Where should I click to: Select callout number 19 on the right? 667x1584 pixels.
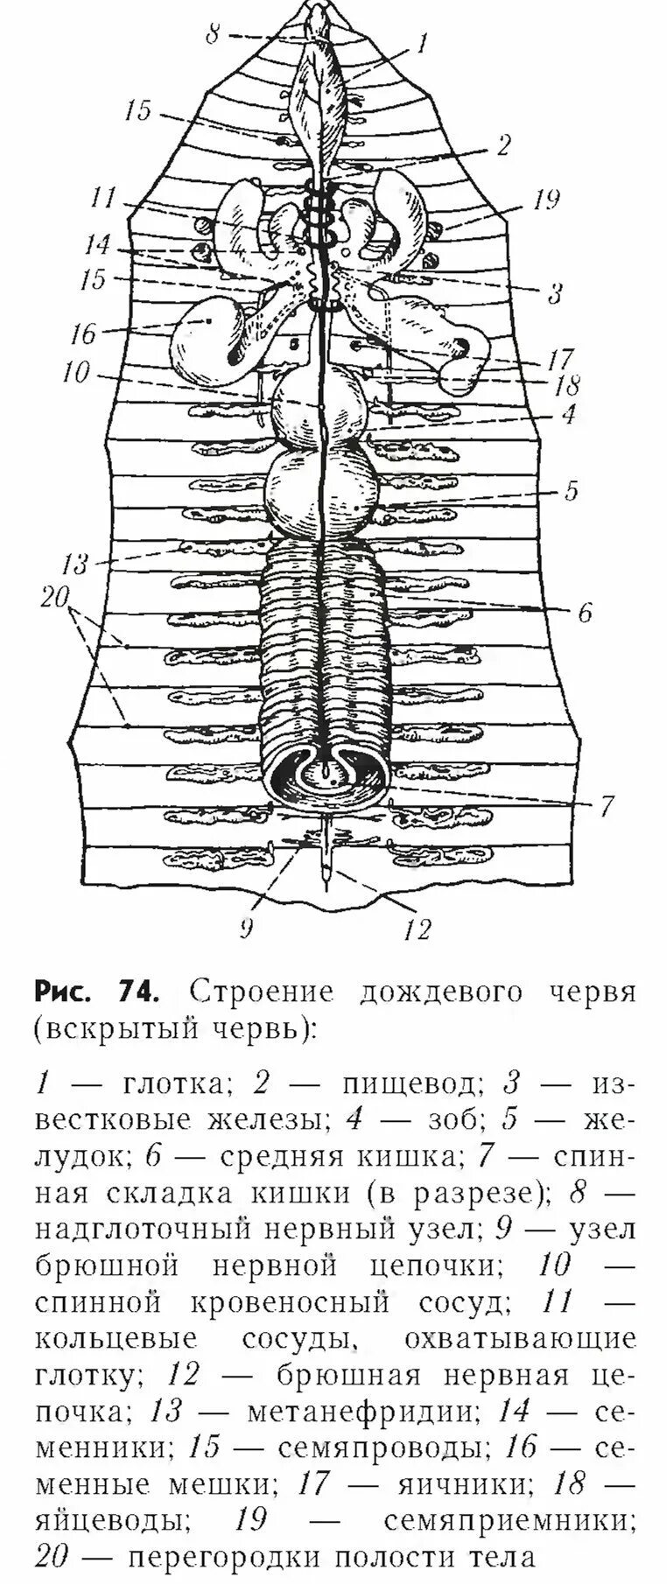coord(544,200)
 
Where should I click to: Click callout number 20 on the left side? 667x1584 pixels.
coord(54,599)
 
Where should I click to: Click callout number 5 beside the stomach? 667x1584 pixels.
coord(571,491)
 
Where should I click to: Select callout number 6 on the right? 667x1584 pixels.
coord(585,612)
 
